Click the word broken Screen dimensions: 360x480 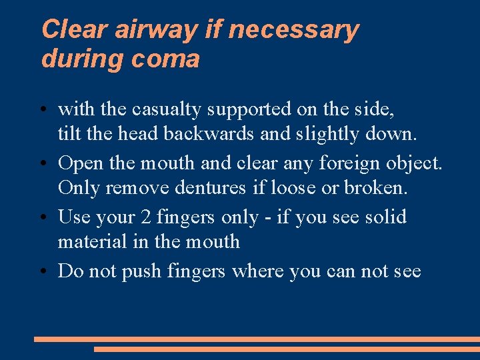(x=375, y=187)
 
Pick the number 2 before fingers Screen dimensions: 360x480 (x=145, y=217)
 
